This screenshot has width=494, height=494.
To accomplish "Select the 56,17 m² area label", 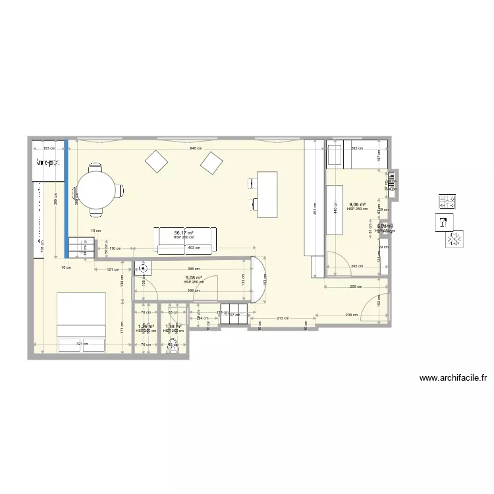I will [x=184, y=233].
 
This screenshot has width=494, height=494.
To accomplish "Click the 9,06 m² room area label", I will [x=358, y=205].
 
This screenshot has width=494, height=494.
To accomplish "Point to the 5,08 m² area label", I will [x=193, y=278].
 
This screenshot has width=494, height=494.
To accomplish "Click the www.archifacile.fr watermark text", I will [x=453, y=379].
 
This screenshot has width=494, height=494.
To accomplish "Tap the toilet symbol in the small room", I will [x=173, y=345].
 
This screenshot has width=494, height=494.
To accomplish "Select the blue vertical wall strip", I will [x=66, y=198].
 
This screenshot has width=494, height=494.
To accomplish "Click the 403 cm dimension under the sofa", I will [x=194, y=248].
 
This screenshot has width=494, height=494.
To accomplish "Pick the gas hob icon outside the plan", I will [x=449, y=201].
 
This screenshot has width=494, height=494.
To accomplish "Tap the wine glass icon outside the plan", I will [x=444, y=223].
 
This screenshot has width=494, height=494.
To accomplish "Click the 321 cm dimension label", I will [x=82, y=344].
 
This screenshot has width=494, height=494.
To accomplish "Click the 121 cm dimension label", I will [x=112, y=270].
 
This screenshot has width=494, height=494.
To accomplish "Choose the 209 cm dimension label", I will [x=354, y=287].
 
